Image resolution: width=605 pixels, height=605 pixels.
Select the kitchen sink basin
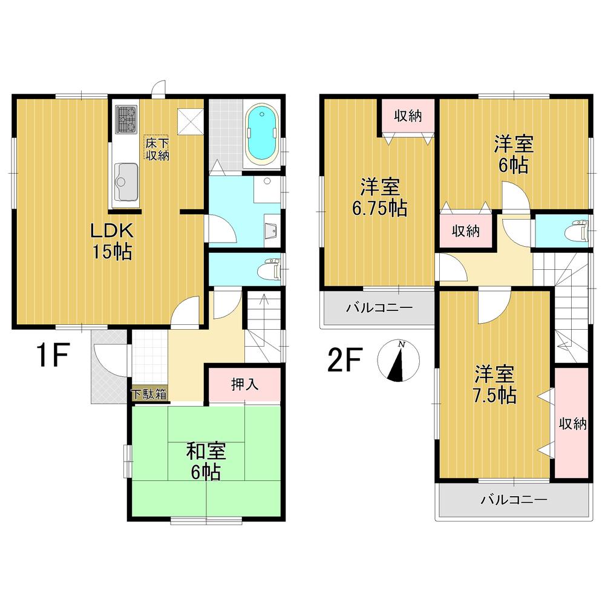125,180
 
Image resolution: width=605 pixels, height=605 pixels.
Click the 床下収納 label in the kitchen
156,148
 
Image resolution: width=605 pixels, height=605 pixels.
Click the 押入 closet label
244,384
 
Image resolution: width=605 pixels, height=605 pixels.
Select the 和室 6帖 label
206,461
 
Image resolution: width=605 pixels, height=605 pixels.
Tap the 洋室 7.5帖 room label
494,385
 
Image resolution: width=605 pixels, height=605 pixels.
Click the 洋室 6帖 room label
512,155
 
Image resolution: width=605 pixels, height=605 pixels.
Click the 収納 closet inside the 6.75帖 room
408,116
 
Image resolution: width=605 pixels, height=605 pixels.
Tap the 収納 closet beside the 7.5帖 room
572,423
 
